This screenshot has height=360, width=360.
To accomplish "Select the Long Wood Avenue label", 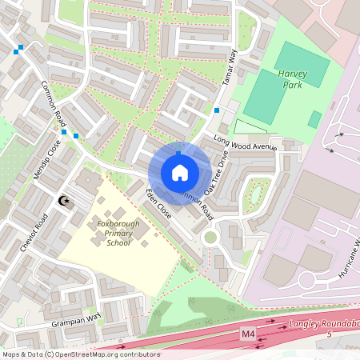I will pyautogui.click(x=245, y=144).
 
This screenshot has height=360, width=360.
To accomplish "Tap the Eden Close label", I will pyautogui.click(x=158, y=205).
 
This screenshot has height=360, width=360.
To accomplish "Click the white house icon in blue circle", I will pyautogui.click(x=180, y=173).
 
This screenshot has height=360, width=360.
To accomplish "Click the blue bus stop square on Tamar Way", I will pyautogui.click(x=217, y=110).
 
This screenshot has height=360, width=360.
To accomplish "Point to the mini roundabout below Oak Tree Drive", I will pyautogui.click(x=210, y=237).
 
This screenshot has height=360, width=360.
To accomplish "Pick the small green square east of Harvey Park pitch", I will pyautogui.click(x=314, y=119).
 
